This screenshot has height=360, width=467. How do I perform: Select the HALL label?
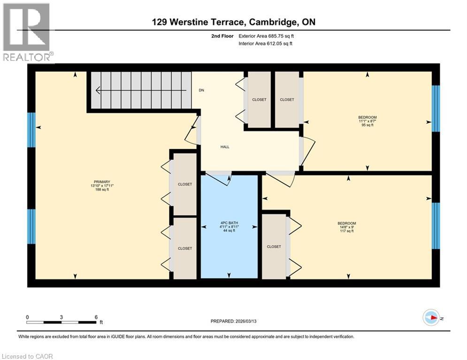click(225, 147)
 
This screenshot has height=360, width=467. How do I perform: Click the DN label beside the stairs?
click(201, 90)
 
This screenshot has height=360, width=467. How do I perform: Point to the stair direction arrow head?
click(97, 90)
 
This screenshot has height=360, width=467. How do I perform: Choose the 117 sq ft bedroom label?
click(347, 227)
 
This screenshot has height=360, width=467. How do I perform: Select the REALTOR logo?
click(26, 32)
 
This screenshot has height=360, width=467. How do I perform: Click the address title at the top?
click(233, 22)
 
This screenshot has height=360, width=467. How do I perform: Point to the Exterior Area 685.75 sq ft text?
click(267, 36)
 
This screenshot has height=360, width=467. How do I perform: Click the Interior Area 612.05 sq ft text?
click(267, 44)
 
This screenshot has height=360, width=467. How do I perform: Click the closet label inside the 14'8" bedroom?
click(274, 247)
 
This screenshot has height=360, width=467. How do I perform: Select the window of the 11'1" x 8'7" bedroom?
click(436, 108)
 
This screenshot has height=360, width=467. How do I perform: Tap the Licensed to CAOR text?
click(28, 356)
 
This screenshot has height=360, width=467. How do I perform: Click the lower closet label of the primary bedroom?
click(185, 248)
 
